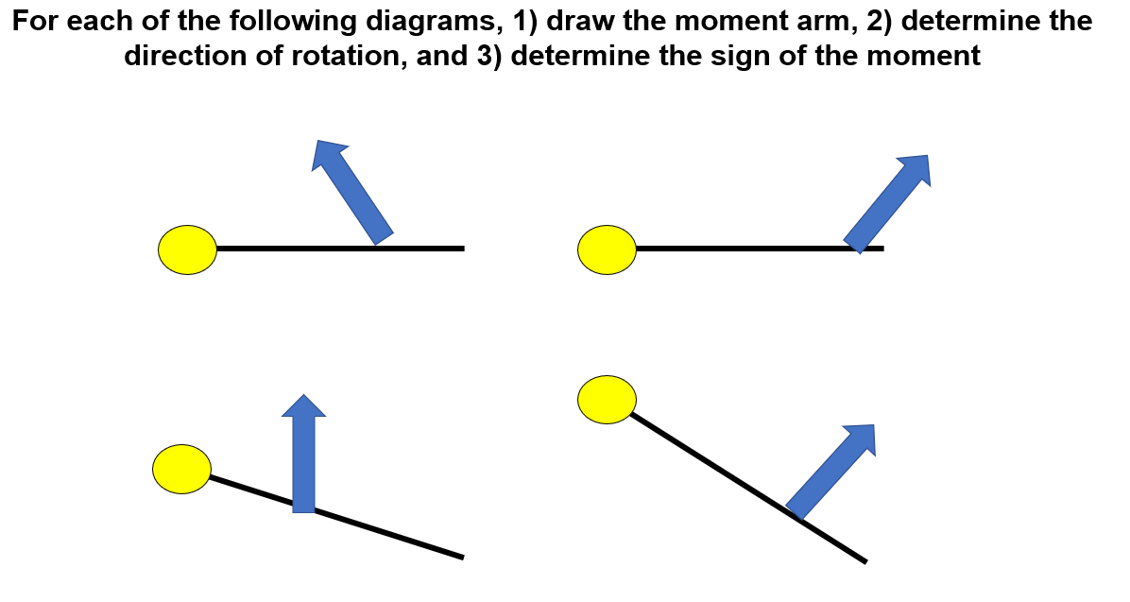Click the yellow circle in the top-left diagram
[x=188, y=249]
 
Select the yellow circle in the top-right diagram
[x=607, y=249]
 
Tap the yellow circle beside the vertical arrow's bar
[x=181, y=469]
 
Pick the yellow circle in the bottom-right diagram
[x=607, y=399]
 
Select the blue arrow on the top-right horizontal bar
[x=886, y=203]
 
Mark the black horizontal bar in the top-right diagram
[x=737, y=249]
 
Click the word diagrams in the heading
[x=429, y=21]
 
